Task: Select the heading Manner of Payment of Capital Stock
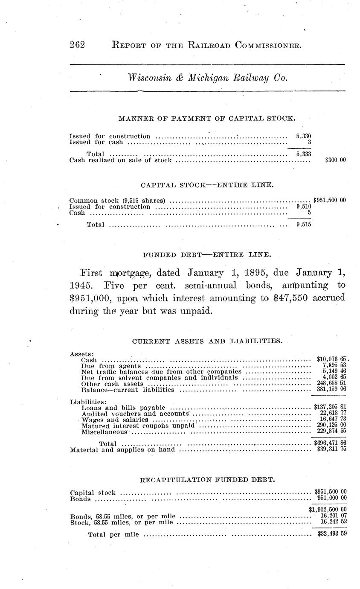(206, 118)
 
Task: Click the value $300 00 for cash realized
(335, 160)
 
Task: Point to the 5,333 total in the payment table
(303, 154)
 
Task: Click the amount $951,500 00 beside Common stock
(329, 200)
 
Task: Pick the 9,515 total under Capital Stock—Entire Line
(303, 224)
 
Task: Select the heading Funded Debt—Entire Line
(206, 255)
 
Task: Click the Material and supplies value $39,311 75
(331, 450)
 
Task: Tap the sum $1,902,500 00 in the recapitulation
(327, 509)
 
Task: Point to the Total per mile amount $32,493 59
(331, 534)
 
